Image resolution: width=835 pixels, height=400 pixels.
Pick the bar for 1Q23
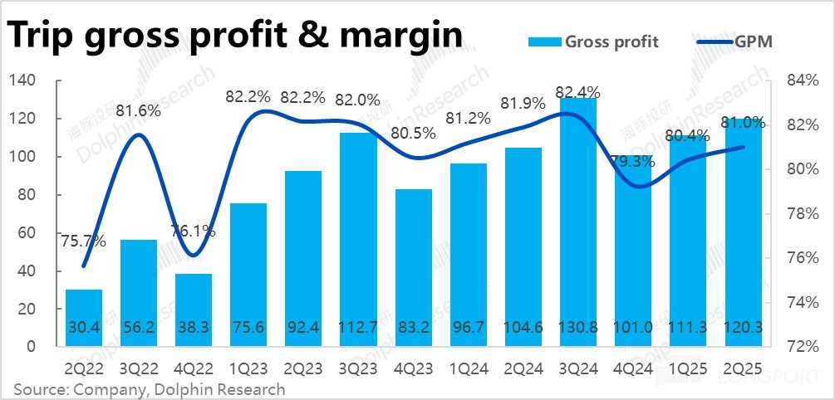tap(249, 275)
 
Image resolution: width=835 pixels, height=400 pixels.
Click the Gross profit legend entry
tap(612, 41)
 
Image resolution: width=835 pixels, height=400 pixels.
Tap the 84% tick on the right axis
tap(794, 80)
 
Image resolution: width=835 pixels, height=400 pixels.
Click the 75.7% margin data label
tap(84, 241)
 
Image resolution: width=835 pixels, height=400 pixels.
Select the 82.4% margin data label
tap(578, 90)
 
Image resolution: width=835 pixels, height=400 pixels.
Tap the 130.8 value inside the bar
tap(578, 328)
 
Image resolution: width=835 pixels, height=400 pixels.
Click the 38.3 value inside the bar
tap(194, 328)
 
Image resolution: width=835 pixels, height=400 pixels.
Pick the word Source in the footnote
tap(39, 389)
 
